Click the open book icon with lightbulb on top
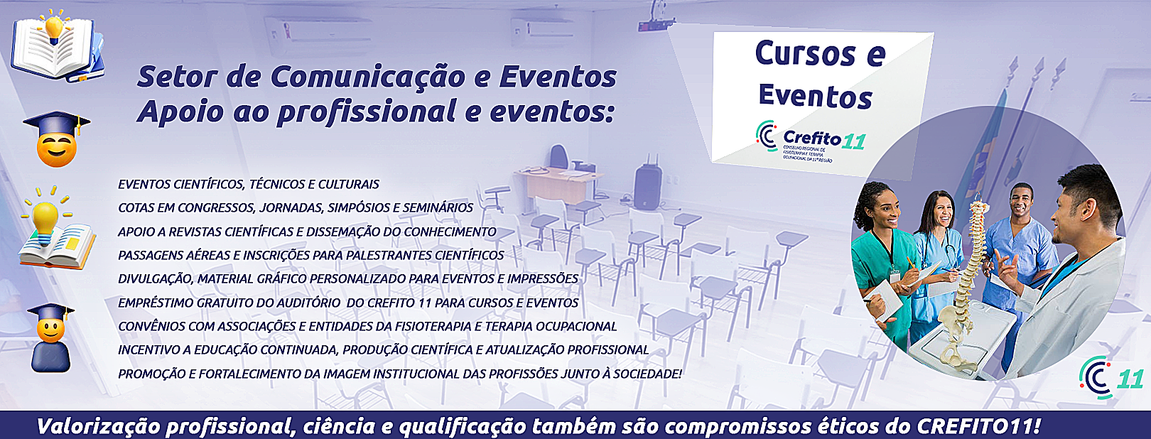pyautogui.click(x=58, y=45)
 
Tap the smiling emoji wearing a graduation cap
pyautogui.click(x=57, y=139)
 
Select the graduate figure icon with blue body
pyautogui.click(x=50, y=337)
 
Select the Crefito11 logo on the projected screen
pyautogui.click(x=811, y=140)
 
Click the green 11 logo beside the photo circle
pyautogui.click(x=1111, y=377)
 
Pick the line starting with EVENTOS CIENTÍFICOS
pyautogui.click(x=249, y=184)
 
